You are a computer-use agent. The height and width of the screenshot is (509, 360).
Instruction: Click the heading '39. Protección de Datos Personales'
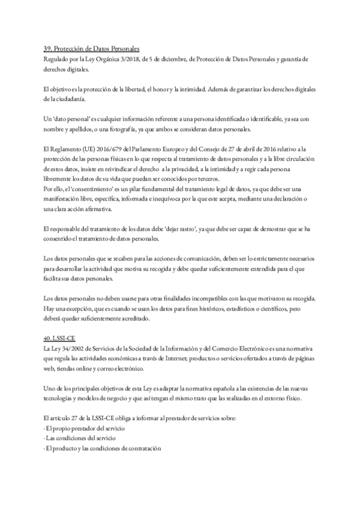(91, 49)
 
